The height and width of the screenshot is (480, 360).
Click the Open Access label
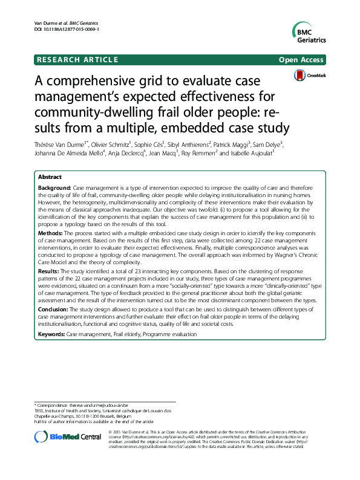[x=301, y=59]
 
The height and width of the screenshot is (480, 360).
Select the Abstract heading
[x=50, y=178]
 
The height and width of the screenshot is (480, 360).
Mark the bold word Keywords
[x=51, y=334]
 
